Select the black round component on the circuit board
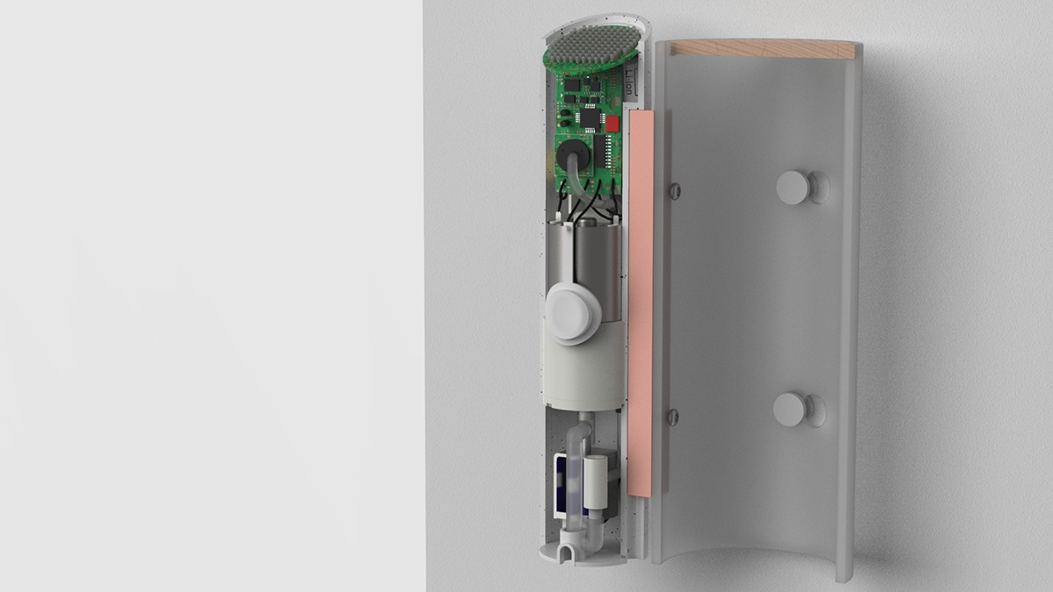coord(571,155)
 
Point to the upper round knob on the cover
coord(795,185)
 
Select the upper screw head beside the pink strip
coord(674,189)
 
